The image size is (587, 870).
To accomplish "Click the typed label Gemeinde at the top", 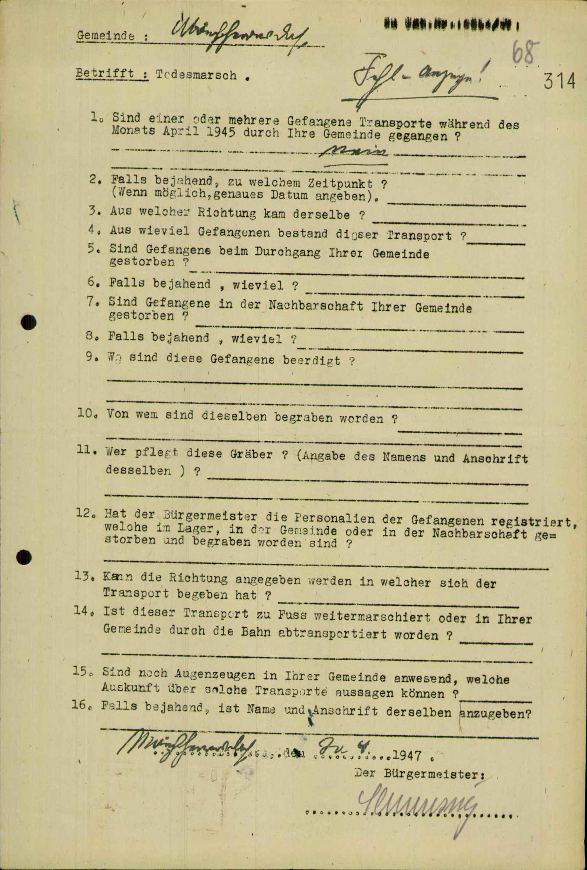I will point(106,36).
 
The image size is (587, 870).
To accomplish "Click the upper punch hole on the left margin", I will point(28,322).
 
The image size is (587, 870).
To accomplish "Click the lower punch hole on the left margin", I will point(24,558).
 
